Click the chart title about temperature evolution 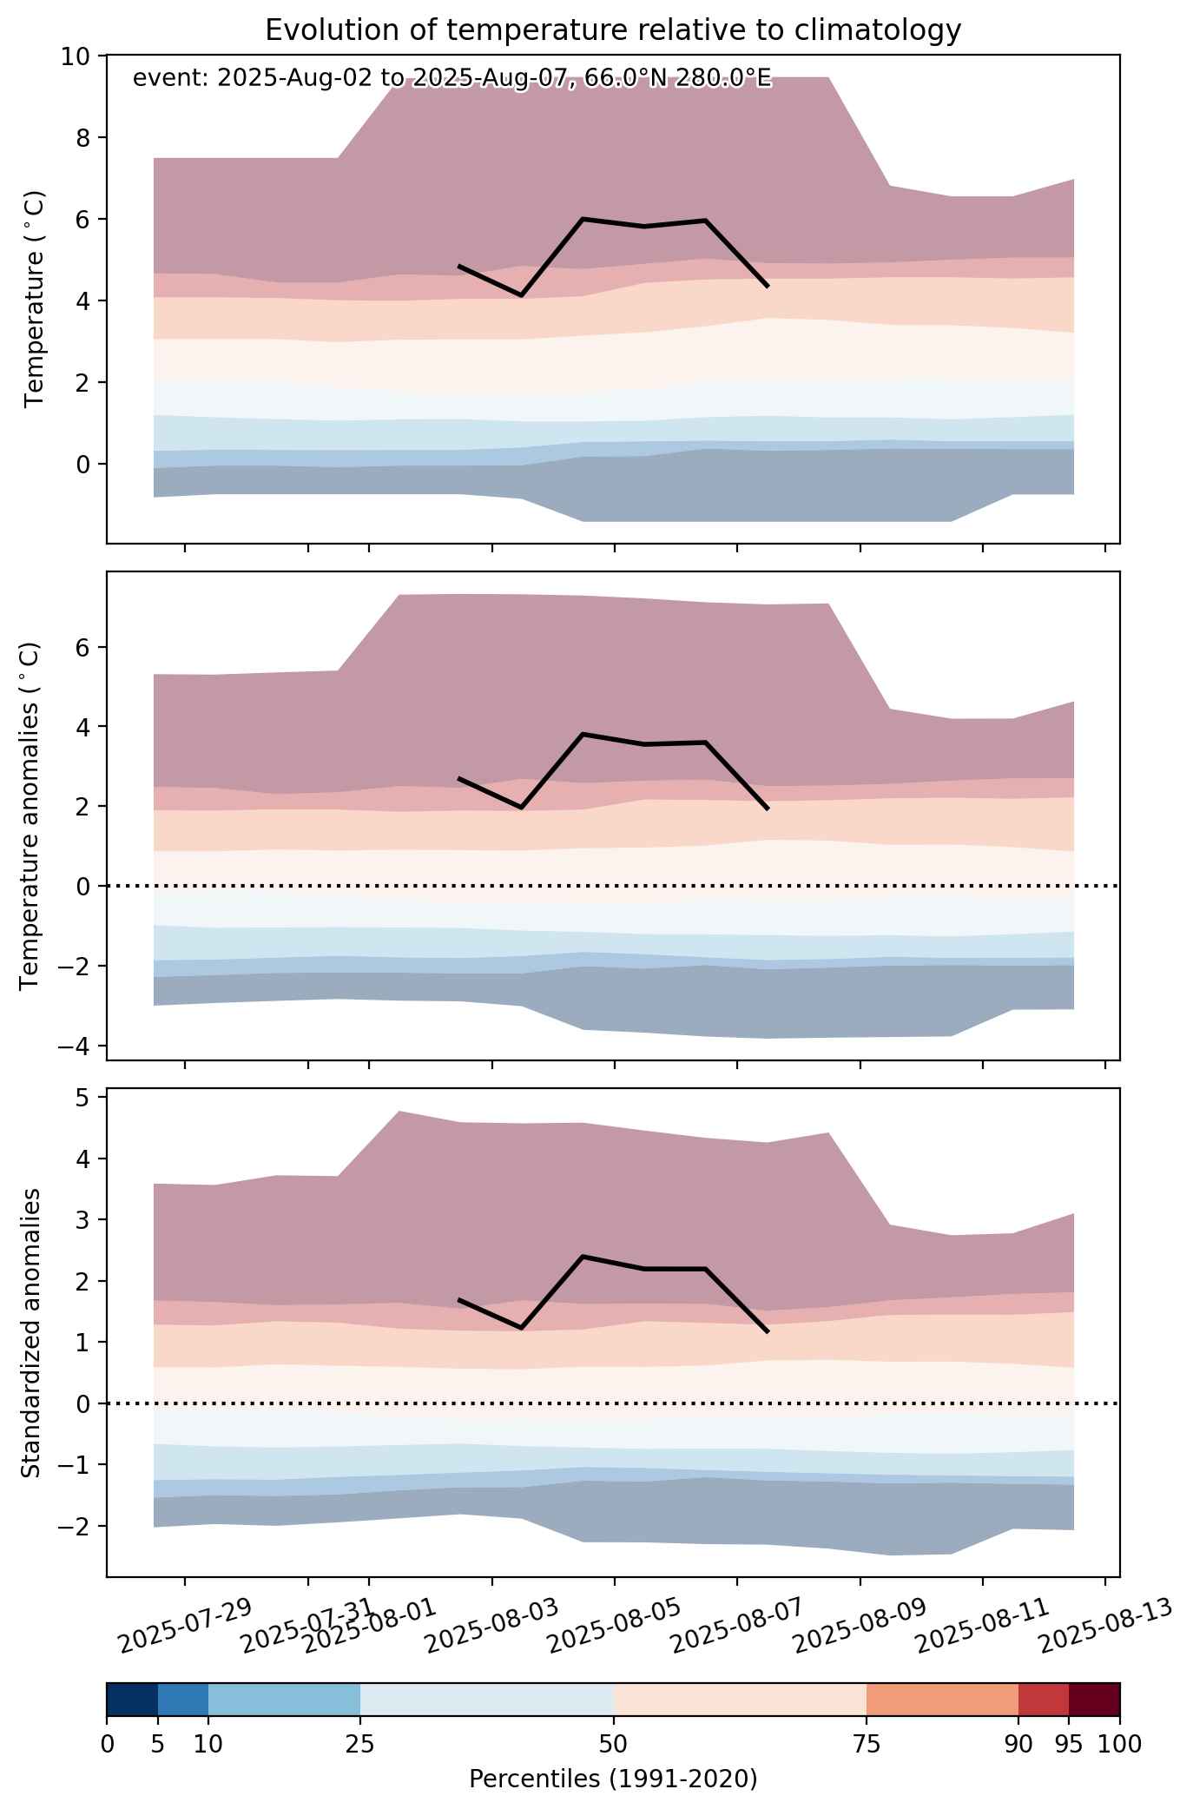[613, 30]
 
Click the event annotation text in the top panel [451, 79]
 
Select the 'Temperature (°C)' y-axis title [35, 300]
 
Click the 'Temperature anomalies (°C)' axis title [30, 815]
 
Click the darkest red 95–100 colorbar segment [1094, 1700]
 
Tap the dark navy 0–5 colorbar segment [132, 1700]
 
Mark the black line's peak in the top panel [583, 219]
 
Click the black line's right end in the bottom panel [768, 1331]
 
